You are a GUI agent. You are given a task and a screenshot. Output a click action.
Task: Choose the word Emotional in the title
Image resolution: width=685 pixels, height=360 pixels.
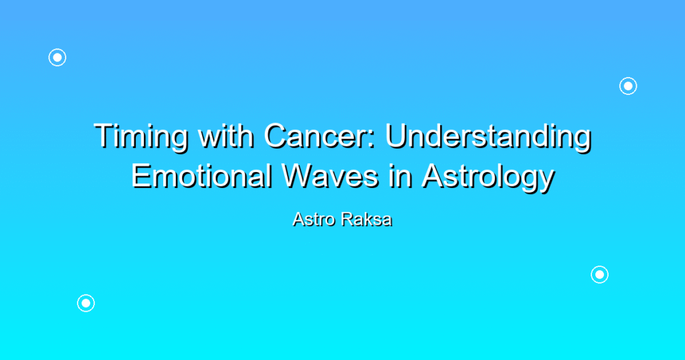(201, 176)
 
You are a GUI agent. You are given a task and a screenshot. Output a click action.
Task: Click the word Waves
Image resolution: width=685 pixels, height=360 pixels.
(330, 176)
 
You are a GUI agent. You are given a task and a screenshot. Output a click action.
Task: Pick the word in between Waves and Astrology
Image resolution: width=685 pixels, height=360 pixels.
(401, 176)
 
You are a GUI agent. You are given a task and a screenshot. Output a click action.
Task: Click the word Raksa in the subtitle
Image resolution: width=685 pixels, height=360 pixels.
(367, 219)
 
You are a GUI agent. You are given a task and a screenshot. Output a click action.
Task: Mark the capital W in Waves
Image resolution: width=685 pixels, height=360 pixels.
(299, 176)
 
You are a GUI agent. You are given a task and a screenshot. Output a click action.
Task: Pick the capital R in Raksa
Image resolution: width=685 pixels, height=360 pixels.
(347, 219)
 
